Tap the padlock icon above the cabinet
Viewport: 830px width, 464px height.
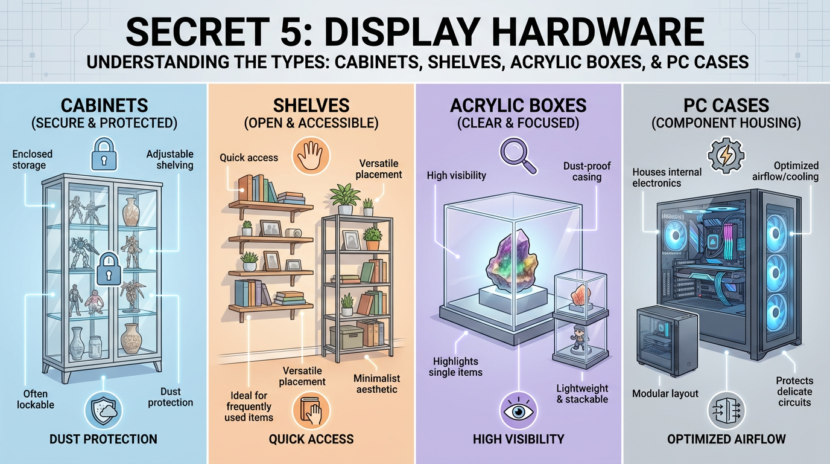tap(104, 154)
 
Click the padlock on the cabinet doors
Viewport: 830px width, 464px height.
tap(108, 269)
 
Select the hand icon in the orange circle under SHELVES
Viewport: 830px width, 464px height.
tap(311, 156)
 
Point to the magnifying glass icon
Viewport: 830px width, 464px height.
tap(518, 156)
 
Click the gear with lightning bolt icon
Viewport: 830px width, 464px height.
tap(726, 155)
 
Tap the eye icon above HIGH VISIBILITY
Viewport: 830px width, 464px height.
tap(518, 411)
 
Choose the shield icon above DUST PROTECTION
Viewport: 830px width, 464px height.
tap(103, 411)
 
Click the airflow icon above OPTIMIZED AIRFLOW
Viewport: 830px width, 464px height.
tap(726, 411)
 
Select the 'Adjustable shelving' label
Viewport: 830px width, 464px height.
tap(170, 159)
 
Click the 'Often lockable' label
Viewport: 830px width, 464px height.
tap(36, 399)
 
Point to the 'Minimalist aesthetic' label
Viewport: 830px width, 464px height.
tap(376, 384)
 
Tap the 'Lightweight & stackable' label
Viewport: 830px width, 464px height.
tap(582, 394)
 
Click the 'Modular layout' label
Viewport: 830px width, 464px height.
tap(665, 393)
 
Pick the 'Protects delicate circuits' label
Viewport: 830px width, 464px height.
tap(794, 391)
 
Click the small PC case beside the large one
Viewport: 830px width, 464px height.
tap(667, 340)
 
